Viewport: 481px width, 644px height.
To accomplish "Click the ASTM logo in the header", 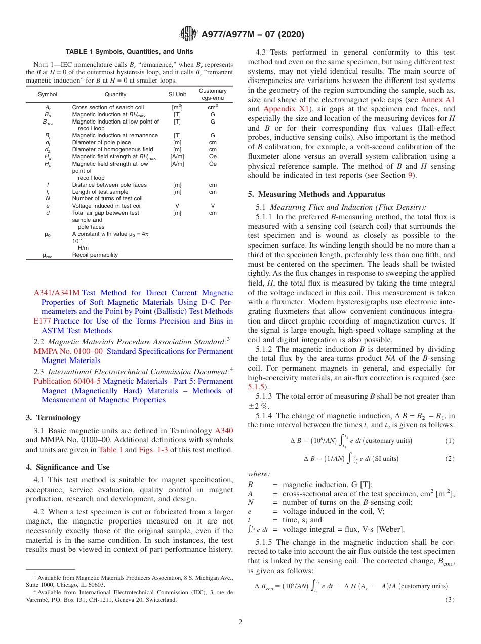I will pos(188,34).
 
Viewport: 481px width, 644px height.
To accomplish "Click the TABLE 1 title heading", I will pos(129,52).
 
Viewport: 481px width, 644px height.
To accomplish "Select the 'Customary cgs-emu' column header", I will pos(213,94).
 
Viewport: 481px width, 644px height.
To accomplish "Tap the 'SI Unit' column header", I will pos(177,94).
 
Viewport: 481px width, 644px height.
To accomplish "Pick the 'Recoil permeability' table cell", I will pos(95,255).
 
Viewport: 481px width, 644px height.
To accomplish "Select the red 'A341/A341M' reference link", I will pos(57,293).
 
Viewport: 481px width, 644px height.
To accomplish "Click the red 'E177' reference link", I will pos(43,321).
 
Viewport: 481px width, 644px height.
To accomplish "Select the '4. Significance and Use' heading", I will pos(67,467).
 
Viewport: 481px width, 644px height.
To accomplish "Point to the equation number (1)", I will pos(450,441).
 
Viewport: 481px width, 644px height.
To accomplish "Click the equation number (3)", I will pos(450,600).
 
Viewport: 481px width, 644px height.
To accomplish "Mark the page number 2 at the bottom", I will pos(240,622).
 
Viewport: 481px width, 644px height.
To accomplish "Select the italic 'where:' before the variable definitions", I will pos(259,474).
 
